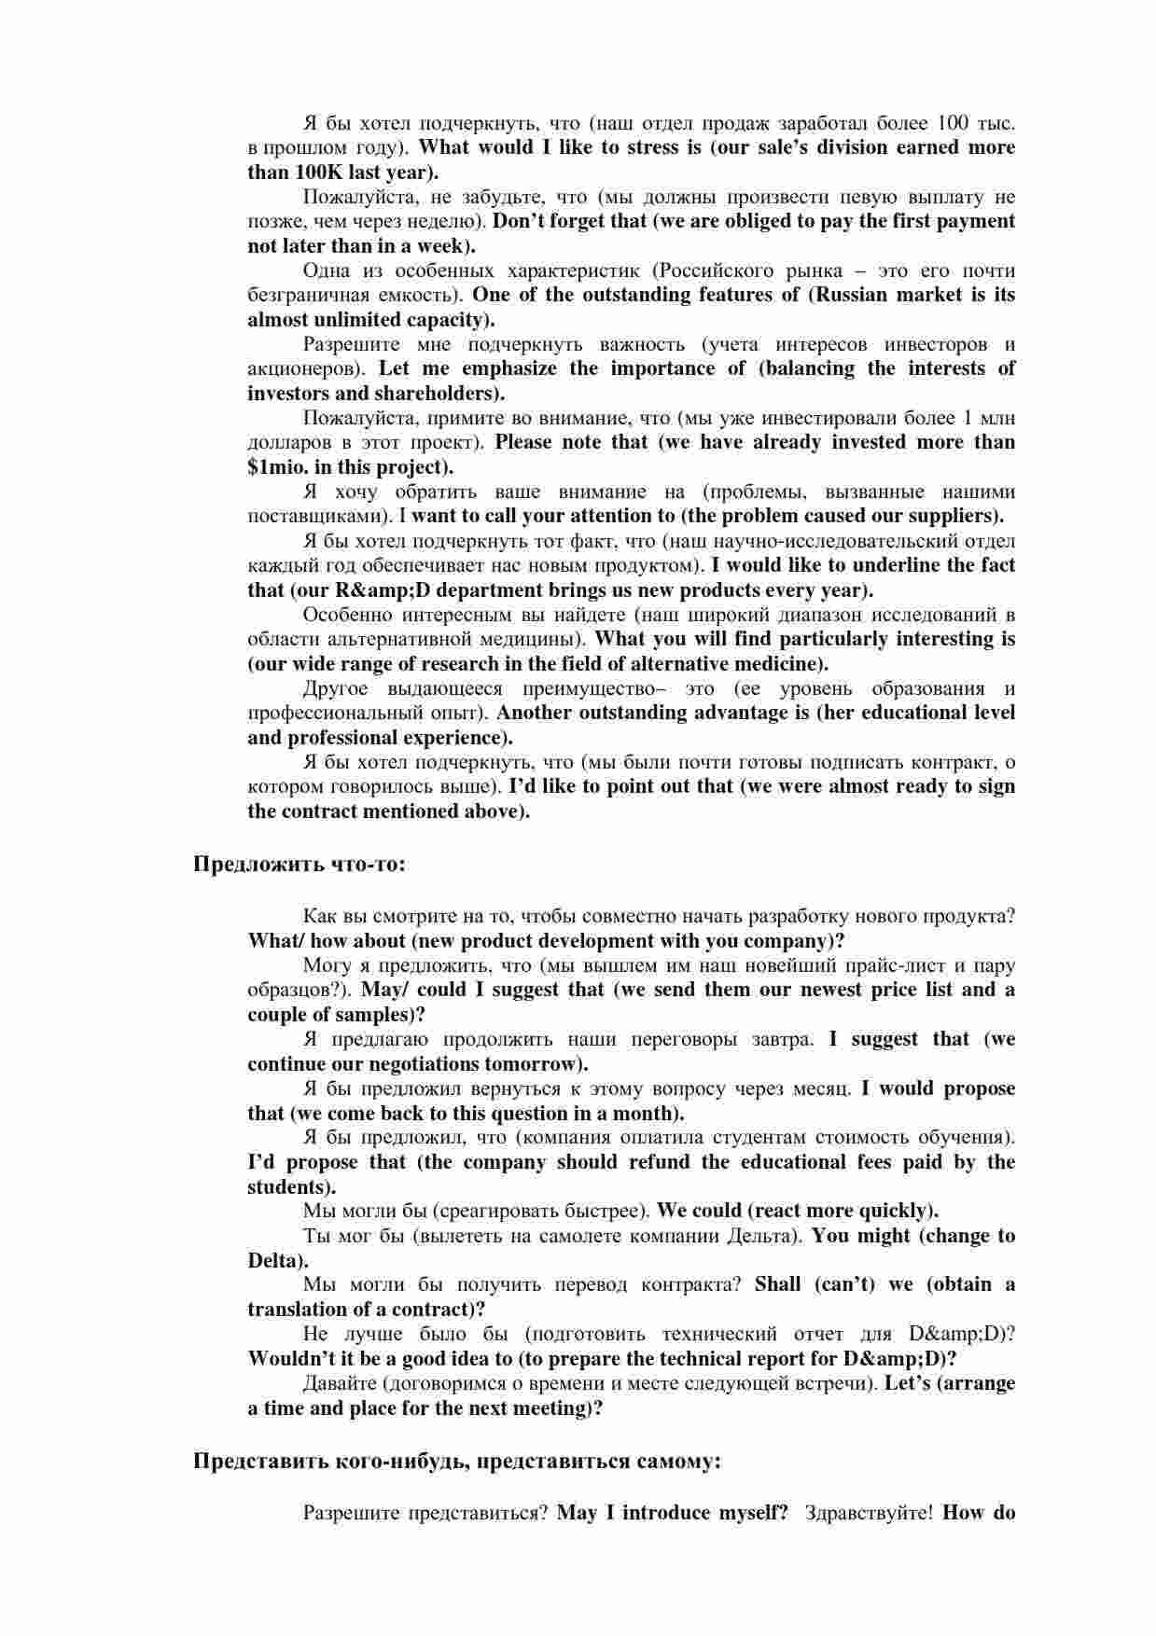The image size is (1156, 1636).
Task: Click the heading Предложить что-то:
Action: point(299,865)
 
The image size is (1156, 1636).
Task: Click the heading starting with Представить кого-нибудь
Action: point(456,1462)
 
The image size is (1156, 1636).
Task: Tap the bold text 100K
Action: point(320,173)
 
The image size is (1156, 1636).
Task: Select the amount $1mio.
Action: point(277,467)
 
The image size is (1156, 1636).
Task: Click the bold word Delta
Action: point(272,1261)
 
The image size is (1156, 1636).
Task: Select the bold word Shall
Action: point(777,1284)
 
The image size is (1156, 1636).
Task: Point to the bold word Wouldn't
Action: point(290,1359)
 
